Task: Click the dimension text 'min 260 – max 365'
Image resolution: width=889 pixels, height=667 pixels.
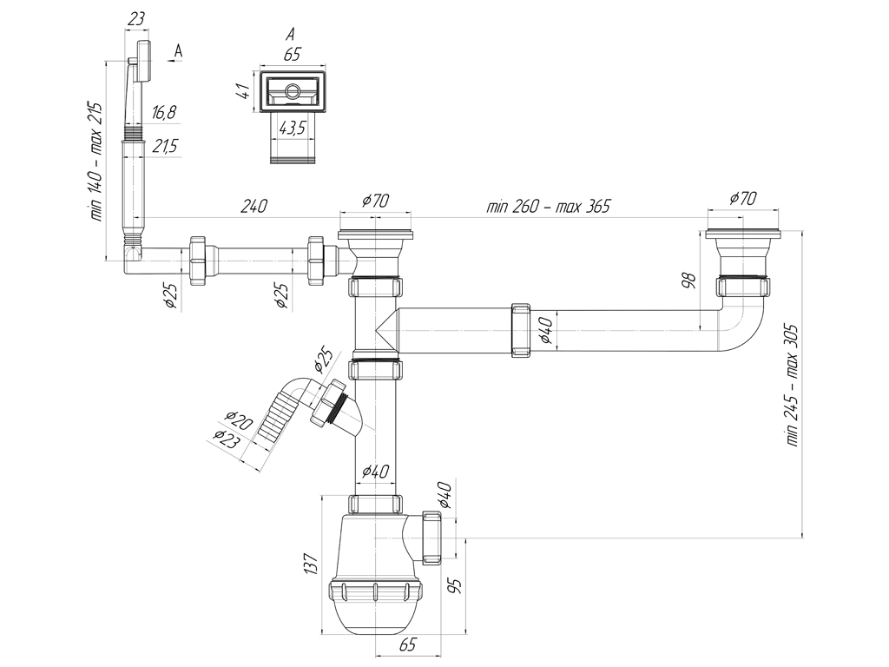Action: click(x=549, y=205)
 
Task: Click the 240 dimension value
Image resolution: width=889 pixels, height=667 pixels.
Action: click(x=254, y=205)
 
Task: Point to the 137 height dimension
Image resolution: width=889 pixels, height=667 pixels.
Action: click(x=311, y=565)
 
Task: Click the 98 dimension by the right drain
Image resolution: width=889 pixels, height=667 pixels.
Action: click(x=688, y=281)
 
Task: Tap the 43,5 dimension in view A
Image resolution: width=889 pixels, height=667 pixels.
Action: click(x=292, y=128)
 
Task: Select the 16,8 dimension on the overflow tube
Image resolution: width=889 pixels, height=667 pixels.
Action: click(x=164, y=112)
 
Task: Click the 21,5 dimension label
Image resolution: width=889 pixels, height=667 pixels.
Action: click(x=165, y=146)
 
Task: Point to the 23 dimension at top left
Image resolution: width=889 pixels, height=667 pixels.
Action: click(x=135, y=19)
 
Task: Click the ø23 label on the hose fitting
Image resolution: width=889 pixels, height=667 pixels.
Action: click(x=227, y=439)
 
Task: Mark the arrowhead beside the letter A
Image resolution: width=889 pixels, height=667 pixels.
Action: click(x=171, y=58)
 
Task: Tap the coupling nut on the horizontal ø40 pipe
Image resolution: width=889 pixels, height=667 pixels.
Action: click(x=521, y=331)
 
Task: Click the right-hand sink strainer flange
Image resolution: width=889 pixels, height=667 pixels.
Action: click(x=744, y=234)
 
